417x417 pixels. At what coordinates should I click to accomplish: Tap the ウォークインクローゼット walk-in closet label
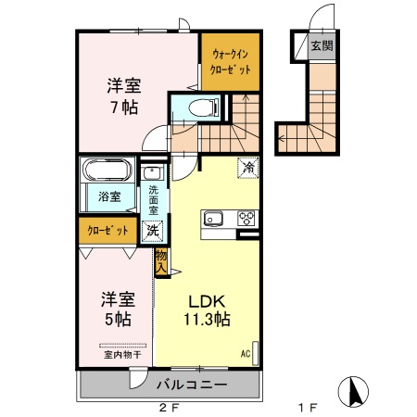229,62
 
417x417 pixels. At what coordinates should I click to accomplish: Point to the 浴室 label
109,196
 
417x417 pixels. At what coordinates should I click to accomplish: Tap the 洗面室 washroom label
153,200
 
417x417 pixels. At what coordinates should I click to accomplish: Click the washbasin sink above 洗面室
153,173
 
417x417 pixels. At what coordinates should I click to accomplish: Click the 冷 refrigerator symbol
247,168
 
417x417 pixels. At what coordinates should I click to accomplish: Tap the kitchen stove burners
246,219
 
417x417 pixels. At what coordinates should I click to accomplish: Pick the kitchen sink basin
212,219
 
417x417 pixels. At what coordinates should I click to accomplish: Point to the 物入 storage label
161,261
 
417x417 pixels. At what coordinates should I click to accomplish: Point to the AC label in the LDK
246,354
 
